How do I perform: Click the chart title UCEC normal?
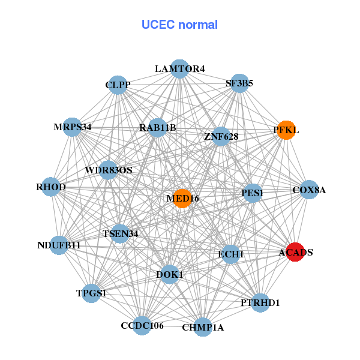[x=179, y=25]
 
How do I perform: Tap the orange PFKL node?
[x=286, y=130]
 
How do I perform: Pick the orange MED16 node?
[x=182, y=198]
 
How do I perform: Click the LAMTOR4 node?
[x=179, y=68]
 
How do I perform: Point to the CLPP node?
[x=118, y=85]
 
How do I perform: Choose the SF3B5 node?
[x=239, y=84]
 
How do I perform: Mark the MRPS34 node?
[x=73, y=127]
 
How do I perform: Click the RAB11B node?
[x=157, y=127]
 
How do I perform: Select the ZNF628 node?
[x=221, y=137]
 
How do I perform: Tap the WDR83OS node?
[x=108, y=170]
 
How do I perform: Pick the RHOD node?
[x=51, y=187]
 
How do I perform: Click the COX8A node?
[x=308, y=190]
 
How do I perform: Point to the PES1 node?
[x=253, y=193]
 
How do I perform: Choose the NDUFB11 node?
[x=59, y=245]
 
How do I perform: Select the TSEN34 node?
[x=120, y=233]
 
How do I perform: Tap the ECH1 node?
[x=230, y=254]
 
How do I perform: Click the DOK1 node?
[x=170, y=274]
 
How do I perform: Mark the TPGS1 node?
[x=91, y=293]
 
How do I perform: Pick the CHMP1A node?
[x=203, y=327]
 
